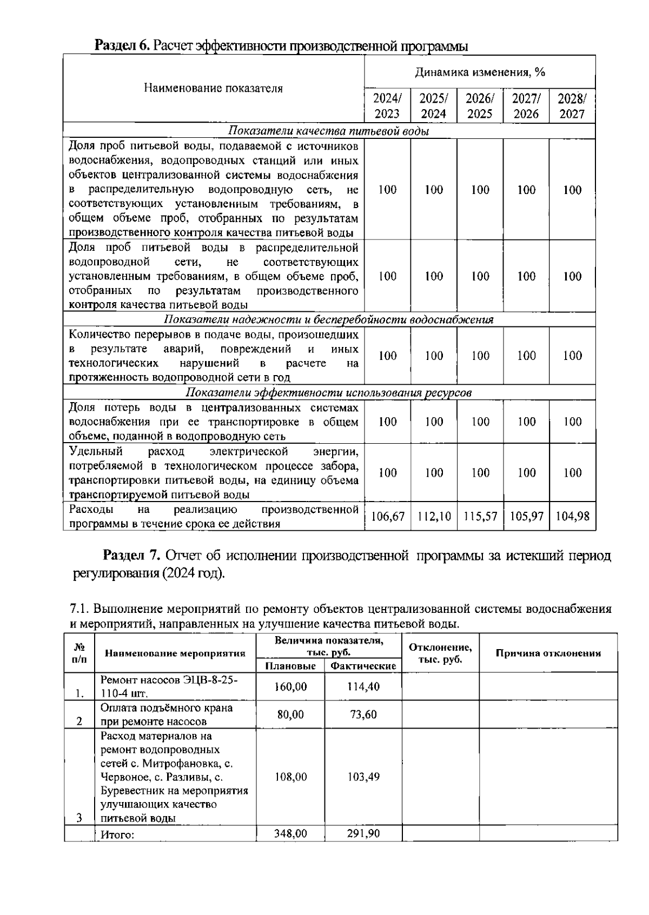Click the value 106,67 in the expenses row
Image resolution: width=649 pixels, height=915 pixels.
click(x=388, y=517)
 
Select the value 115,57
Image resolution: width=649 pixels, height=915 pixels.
click(x=480, y=517)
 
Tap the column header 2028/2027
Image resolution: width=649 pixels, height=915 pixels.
click(x=572, y=106)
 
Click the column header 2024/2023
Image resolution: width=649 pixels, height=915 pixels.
click(x=387, y=106)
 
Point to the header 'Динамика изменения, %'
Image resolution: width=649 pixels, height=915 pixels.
click(x=480, y=72)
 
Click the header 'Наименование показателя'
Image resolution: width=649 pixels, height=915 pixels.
click(x=213, y=89)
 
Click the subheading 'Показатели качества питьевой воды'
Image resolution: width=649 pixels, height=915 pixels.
click(x=329, y=131)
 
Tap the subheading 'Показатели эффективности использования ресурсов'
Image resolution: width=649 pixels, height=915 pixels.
click(x=329, y=392)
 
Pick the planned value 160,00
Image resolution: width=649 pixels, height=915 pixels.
click(x=290, y=686)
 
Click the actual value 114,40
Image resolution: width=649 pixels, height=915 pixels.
click(x=363, y=686)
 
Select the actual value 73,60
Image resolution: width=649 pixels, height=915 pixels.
click(x=363, y=714)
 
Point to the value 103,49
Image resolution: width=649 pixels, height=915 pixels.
click(x=363, y=777)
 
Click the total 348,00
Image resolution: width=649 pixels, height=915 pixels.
click(x=290, y=833)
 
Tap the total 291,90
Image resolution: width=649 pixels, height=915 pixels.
click(x=363, y=833)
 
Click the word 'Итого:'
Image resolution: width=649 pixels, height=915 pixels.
click(x=117, y=834)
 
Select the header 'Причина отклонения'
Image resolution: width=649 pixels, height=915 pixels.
click(x=548, y=653)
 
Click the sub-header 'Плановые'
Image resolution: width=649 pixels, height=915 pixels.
click(x=290, y=666)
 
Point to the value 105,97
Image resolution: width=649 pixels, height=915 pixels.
click(x=526, y=517)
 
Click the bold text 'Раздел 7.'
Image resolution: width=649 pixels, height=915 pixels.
click(x=132, y=556)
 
